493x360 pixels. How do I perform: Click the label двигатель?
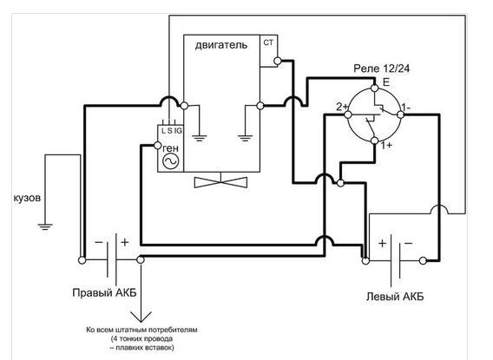221,46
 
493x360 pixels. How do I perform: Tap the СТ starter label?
268,43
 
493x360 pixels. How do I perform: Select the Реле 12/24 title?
381,69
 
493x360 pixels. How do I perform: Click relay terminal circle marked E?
374,88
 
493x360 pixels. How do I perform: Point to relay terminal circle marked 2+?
348,115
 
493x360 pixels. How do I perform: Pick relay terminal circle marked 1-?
400,115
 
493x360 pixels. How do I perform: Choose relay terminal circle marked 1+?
374,141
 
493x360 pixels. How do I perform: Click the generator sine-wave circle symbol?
171,161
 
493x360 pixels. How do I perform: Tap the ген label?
170,148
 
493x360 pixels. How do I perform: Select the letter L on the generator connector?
163,131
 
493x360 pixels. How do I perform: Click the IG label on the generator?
178,131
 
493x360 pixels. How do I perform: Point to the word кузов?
27,199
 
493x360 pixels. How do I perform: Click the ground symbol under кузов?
45,226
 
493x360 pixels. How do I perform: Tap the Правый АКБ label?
105,293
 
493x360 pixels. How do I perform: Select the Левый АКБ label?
395,296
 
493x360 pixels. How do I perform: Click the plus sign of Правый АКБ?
125,242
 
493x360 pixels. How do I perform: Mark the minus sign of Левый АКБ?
409,244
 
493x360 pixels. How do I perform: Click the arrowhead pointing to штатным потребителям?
141,317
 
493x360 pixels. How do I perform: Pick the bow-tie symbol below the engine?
220,182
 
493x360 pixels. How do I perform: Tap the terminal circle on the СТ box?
278,61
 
